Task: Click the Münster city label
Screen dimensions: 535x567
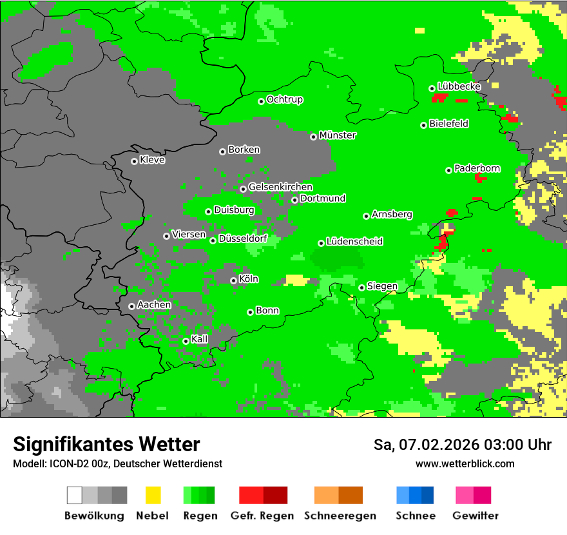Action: (338, 135)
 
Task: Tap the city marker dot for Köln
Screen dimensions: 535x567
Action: (233, 280)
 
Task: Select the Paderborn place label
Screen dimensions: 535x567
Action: (477, 169)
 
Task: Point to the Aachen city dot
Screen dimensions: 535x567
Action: (131, 306)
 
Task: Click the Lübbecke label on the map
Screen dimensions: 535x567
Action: (459, 86)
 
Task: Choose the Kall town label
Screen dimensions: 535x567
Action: (200, 339)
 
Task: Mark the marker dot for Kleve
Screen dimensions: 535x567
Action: (134, 161)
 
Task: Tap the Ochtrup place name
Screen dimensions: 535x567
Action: (285, 100)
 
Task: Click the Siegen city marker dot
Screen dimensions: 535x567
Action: (362, 287)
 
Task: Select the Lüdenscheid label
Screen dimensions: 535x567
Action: (354, 242)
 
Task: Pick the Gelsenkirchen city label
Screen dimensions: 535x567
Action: (280, 188)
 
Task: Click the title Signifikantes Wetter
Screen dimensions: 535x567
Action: (106, 444)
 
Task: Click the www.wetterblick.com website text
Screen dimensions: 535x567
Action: (465, 464)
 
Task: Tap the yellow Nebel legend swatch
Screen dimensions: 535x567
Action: (153, 495)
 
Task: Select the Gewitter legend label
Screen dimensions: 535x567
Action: (475, 516)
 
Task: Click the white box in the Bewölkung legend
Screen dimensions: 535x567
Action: (75, 495)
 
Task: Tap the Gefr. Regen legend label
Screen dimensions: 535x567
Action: (262, 516)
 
